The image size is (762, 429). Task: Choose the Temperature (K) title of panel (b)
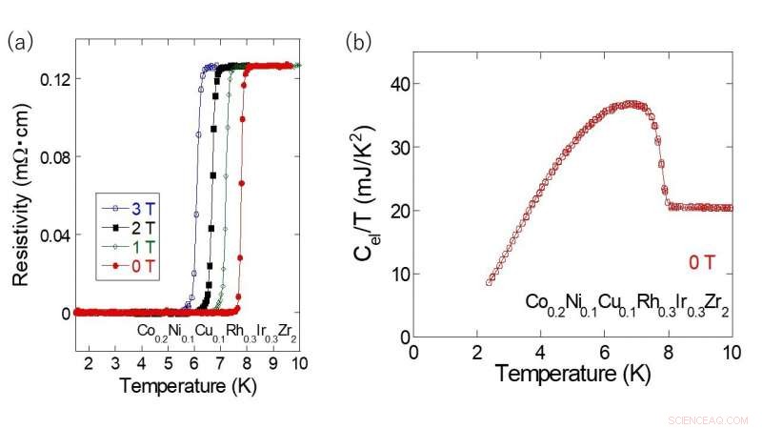click(x=572, y=374)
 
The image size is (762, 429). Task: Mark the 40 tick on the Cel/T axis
click(x=398, y=84)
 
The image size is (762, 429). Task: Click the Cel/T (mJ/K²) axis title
click(x=366, y=210)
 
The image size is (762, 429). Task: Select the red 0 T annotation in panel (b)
click(x=710, y=264)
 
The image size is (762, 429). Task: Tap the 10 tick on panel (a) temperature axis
click(x=299, y=364)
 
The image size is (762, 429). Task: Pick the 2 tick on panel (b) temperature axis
click(x=477, y=350)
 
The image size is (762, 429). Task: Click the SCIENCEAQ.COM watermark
click(x=709, y=419)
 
